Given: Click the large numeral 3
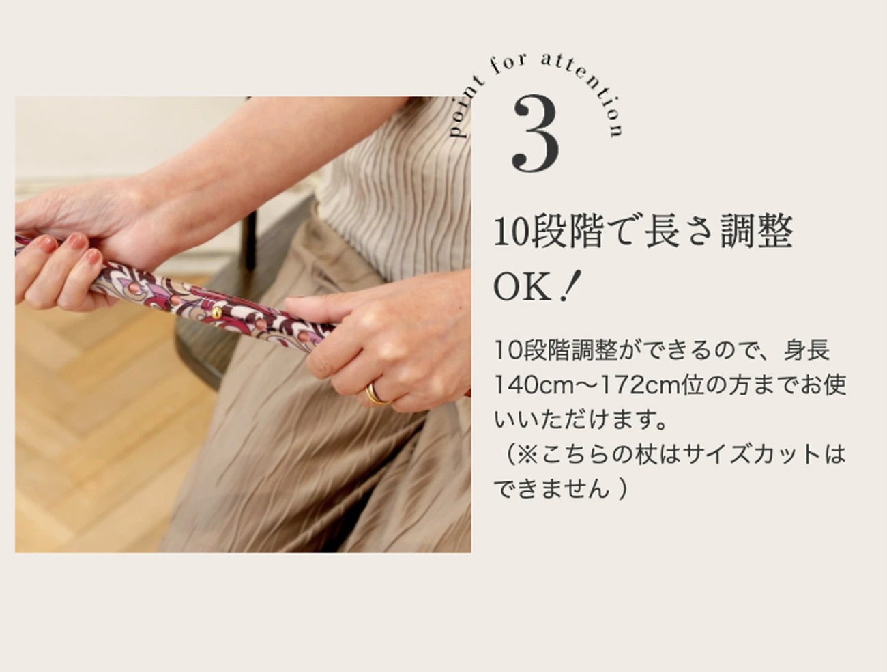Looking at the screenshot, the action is coord(536,135).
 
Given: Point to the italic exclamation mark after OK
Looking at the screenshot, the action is coord(571,286).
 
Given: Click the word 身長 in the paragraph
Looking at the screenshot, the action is coord(806,350).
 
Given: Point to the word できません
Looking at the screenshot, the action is coord(551,489).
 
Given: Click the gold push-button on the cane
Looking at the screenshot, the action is coord(216,312).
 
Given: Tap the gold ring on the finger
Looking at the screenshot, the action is coord(377,394).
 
